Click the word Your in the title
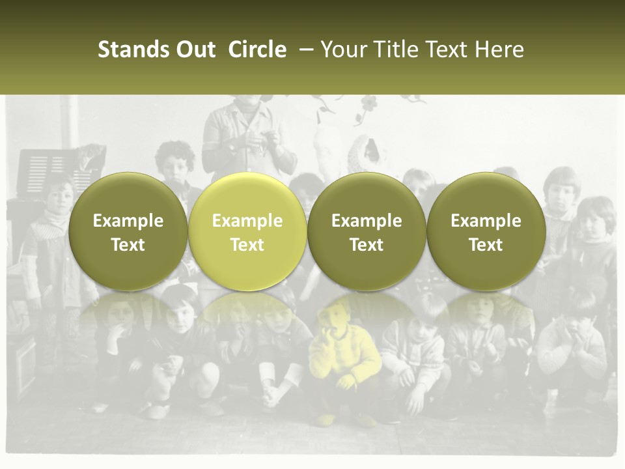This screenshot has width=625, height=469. [x=342, y=50]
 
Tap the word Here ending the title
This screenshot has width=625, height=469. [x=499, y=50]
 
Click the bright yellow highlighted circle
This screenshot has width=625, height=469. [x=247, y=231]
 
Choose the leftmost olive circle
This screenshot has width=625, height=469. [x=128, y=231]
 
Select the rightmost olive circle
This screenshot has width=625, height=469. [x=486, y=231]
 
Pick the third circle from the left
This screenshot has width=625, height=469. [x=367, y=231]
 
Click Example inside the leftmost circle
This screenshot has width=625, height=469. [x=128, y=221]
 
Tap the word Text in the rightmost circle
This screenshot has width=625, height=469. [x=486, y=245]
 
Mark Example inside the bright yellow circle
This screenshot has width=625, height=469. [x=247, y=221]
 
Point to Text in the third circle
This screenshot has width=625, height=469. [x=367, y=245]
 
